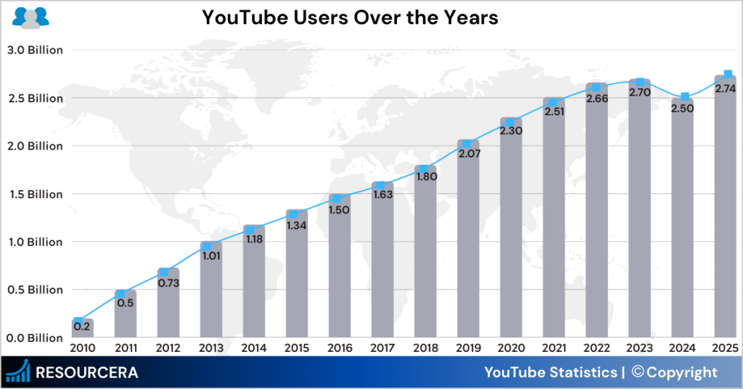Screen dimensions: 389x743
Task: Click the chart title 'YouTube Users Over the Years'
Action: [350, 17]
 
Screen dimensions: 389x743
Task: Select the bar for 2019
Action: [468, 247]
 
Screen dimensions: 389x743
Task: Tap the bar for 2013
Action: [210, 298]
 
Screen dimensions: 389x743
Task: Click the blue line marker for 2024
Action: [685, 97]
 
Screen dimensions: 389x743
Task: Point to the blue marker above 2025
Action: [728, 75]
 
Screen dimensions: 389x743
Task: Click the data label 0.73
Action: [168, 283]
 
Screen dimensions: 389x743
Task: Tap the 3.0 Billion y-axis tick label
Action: [34, 50]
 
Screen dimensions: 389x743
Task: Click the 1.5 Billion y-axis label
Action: [34, 194]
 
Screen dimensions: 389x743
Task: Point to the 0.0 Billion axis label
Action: [34, 337]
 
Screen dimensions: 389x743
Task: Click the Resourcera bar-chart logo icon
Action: [19, 372]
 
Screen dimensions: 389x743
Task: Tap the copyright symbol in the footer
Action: [639, 372]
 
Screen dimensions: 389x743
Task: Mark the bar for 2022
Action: [596, 218]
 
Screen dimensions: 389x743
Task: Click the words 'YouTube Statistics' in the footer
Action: [549, 373]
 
